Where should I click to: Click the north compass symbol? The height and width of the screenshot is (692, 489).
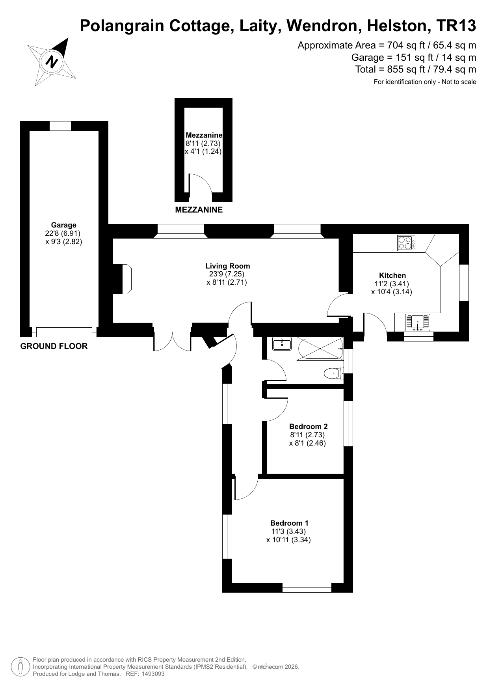point(52,62)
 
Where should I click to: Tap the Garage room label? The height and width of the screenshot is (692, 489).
point(63,225)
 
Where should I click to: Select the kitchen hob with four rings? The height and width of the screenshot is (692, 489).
point(406,243)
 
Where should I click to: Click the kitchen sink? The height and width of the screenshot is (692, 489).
point(418,322)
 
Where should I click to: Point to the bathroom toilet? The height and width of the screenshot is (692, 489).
point(333,372)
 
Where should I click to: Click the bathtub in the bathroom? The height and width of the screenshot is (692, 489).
point(320,349)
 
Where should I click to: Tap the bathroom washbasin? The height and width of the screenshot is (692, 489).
point(282,344)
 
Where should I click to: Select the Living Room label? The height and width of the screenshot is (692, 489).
point(228,266)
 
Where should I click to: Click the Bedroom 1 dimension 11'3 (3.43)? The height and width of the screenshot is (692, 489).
point(288,531)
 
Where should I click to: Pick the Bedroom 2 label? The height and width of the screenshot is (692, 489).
point(308,426)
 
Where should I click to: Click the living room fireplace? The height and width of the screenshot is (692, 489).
point(122,279)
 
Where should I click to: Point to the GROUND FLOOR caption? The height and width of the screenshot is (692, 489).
point(54,346)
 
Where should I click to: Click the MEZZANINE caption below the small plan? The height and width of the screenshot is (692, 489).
point(199,210)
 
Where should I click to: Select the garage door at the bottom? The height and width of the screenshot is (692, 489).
point(64,332)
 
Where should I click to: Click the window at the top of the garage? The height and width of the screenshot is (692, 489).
point(60,126)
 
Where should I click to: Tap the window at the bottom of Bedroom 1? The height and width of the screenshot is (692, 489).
point(307,588)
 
